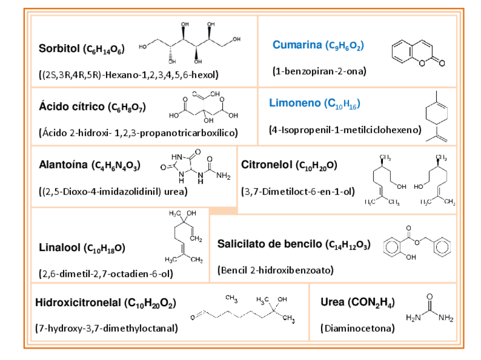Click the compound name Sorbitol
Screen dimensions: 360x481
59,49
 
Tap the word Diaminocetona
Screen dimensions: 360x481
357,328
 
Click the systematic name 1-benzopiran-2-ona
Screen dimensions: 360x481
319,71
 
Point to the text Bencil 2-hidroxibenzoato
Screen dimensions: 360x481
276,270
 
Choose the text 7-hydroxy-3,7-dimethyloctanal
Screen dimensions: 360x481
107,328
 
